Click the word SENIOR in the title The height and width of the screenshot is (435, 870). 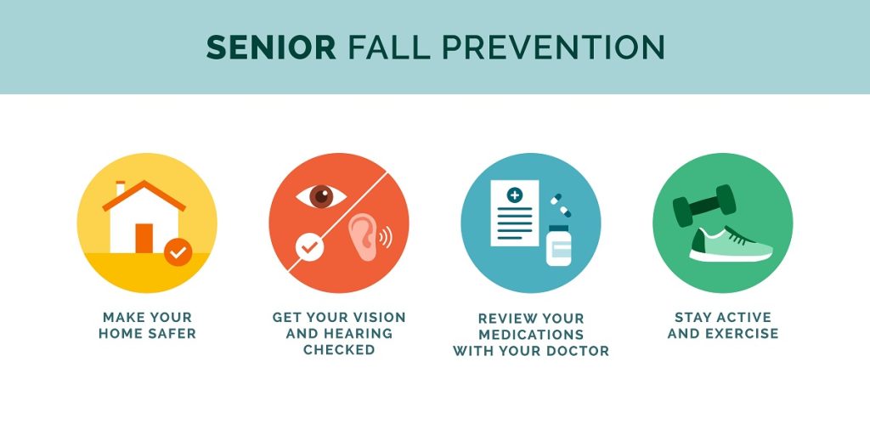click(x=271, y=48)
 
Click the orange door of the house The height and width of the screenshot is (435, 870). click(x=144, y=239)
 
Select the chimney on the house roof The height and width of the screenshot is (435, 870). click(x=121, y=188)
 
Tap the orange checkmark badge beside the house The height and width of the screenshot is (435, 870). click(x=178, y=252)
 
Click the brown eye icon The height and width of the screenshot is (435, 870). click(x=321, y=196)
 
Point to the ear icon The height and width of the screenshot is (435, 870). click(x=364, y=238)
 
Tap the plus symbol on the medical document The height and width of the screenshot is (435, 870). click(x=515, y=195)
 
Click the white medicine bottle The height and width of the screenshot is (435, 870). click(x=559, y=246)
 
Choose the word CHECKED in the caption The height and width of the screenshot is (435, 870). click(x=339, y=349)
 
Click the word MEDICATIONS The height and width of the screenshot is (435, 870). click(x=531, y=335)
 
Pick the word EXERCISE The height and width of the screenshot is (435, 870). click(x=741, y=333)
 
